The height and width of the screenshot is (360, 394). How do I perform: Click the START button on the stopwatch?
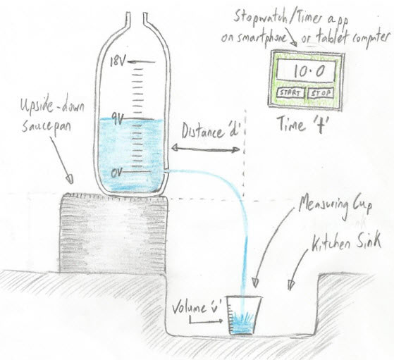tap(290, 93)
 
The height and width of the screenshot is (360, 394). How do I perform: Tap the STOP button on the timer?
tap(321, 93)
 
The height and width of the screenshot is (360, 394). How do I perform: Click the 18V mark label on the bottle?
tap(117, 61)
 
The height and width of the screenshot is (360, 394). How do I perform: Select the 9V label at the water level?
tap(117, 120)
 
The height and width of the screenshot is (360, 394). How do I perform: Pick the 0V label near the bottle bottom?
tap(116, 173)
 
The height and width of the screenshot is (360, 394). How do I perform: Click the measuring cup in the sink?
tap(245, 316)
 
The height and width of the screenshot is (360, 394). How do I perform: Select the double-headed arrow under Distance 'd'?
tap(206, 149)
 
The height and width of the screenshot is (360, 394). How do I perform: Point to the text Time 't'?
tap(302, 125)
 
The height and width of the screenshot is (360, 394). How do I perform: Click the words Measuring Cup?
tap(335, 206)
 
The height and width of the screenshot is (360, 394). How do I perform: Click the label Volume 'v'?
tap(197, 309)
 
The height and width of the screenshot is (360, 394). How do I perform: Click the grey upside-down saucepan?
tap(113, 232)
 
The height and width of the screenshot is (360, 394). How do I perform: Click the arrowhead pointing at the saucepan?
tap(70, 179)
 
